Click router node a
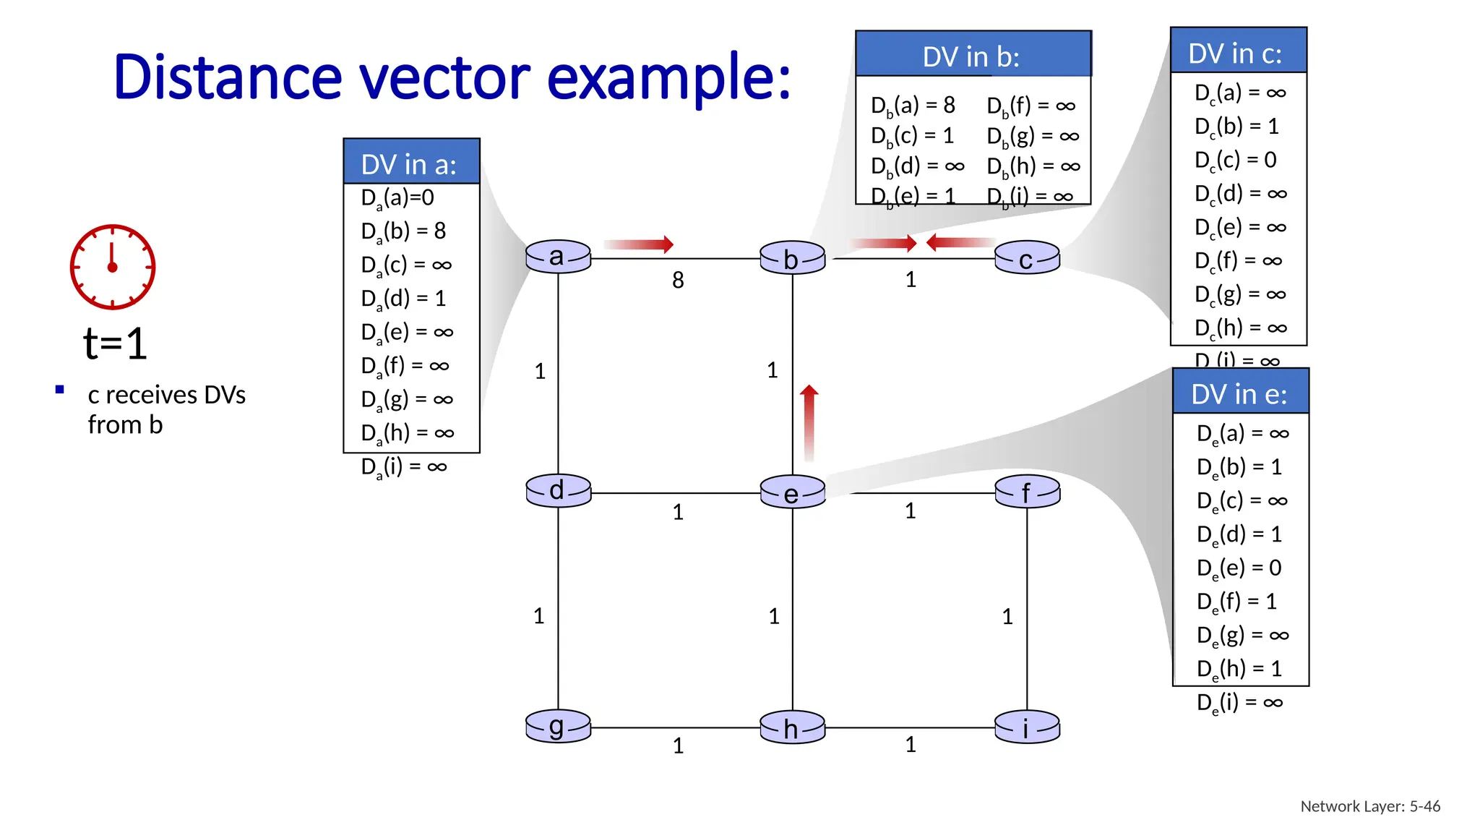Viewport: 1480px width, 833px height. click(558, 257)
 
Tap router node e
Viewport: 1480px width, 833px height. click(792, 492)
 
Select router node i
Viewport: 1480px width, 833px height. click(1027, 727)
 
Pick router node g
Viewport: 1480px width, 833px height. click(558, 727)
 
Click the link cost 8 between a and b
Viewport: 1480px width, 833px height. click(678, 280)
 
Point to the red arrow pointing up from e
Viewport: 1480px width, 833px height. click(809, 422)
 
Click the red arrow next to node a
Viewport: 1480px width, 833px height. click(638, 244)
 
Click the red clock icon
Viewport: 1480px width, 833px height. click(112, 267)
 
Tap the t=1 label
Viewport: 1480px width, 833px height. click(115, 343)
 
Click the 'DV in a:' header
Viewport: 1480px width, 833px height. click(410, 163)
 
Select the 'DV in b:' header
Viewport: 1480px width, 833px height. click(972, 56)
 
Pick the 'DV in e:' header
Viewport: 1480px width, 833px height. click(1239, 393)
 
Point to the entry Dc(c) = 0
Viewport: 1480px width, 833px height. click(1235, 160)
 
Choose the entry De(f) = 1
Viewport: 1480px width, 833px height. click(1236, 602)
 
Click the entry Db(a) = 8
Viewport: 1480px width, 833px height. click(913, 106)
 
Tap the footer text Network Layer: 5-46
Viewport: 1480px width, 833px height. click(1370, 806)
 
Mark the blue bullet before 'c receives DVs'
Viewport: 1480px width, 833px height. click(60, 390)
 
